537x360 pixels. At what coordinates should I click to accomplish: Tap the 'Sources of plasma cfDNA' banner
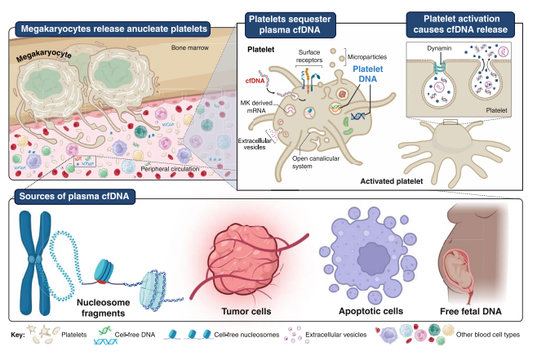74,196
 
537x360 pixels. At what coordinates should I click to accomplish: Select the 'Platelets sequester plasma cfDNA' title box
290,24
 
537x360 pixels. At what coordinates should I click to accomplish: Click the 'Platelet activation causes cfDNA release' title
460,24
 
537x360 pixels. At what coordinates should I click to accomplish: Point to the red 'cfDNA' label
255,81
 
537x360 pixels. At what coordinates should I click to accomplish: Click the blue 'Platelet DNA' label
368,73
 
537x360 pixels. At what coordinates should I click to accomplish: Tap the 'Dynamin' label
439,48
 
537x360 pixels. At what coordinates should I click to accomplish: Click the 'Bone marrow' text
189,47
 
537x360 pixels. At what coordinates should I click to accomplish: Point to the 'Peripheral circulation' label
170,169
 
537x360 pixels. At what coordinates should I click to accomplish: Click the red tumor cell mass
246,261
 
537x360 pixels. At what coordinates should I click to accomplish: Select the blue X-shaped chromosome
35,263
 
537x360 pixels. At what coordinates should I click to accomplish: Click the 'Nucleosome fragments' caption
103,308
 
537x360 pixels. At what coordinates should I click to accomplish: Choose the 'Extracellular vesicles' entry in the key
335,335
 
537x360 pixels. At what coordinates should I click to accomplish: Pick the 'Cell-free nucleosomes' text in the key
246,335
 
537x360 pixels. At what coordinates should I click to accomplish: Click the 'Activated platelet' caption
392,181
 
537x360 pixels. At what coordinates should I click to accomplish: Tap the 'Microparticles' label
367,57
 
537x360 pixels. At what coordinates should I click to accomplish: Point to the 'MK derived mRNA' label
256,106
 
